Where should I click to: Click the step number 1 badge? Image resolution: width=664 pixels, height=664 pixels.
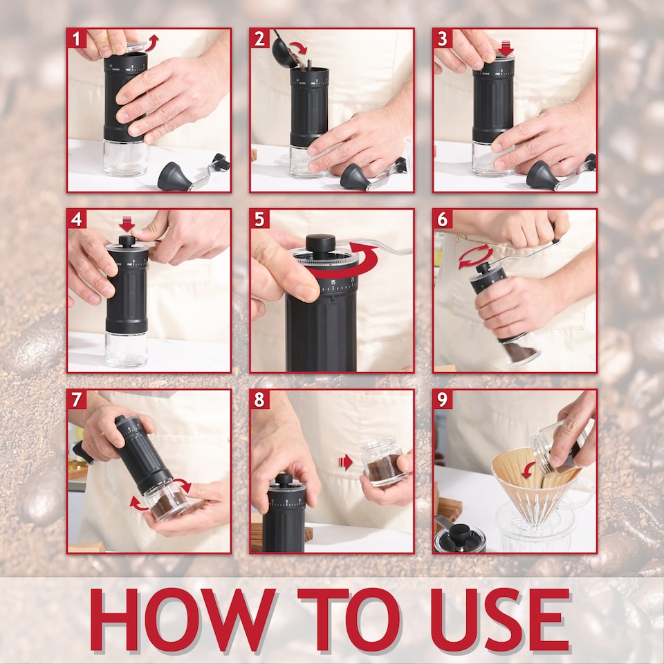77,38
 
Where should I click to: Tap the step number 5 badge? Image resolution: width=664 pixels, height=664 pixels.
259,219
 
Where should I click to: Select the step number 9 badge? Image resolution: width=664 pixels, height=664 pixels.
443,400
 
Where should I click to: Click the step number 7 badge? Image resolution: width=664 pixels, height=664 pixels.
77,400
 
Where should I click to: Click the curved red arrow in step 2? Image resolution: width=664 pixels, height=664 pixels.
297,47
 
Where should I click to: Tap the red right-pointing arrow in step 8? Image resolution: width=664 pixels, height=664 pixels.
346,462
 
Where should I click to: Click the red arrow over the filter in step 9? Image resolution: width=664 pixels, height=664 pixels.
528,470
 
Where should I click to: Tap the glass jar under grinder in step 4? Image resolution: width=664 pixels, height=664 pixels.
126,349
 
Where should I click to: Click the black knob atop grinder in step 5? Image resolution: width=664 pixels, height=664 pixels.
320,243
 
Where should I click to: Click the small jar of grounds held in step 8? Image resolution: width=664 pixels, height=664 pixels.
382,463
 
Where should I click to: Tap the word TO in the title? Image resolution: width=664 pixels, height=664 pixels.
349,620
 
